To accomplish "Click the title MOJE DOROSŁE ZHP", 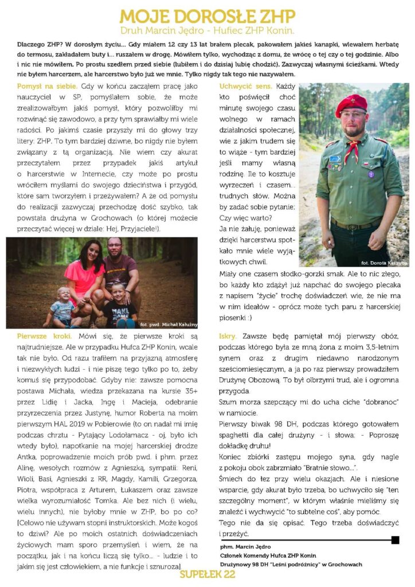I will point(207,15).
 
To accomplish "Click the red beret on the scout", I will point(352,103).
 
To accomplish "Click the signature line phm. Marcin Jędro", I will point(246,547).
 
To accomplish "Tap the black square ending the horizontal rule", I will point(395,540).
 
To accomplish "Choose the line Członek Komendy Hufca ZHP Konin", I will point(268,555).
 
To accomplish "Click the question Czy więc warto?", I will point(247,218).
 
